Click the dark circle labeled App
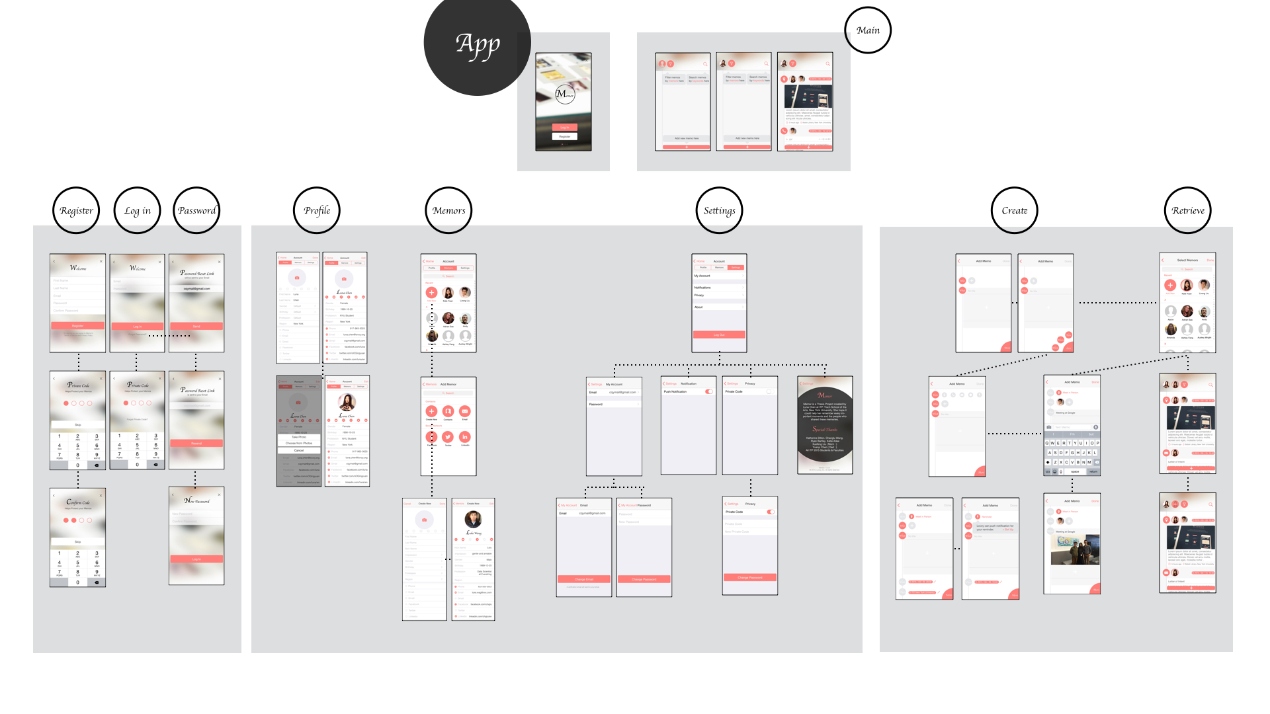coord(477,43)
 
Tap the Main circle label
coord(868,30)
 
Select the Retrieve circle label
coord(1188,210)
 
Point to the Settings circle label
coord(720,210)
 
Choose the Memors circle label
coord(449,210)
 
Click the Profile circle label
coord(317,210)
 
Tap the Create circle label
coord(1015,210)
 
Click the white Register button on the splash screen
coord(564,136)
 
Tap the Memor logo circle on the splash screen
coord(564,94)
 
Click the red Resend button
coord(196,443)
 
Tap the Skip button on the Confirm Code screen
coord(77,541)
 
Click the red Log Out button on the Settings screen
coord(719,335)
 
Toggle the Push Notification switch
coord(708,391)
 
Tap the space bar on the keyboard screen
coord(1075,471)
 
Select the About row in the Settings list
coord(718,307)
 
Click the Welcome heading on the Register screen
coord(78,268)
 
